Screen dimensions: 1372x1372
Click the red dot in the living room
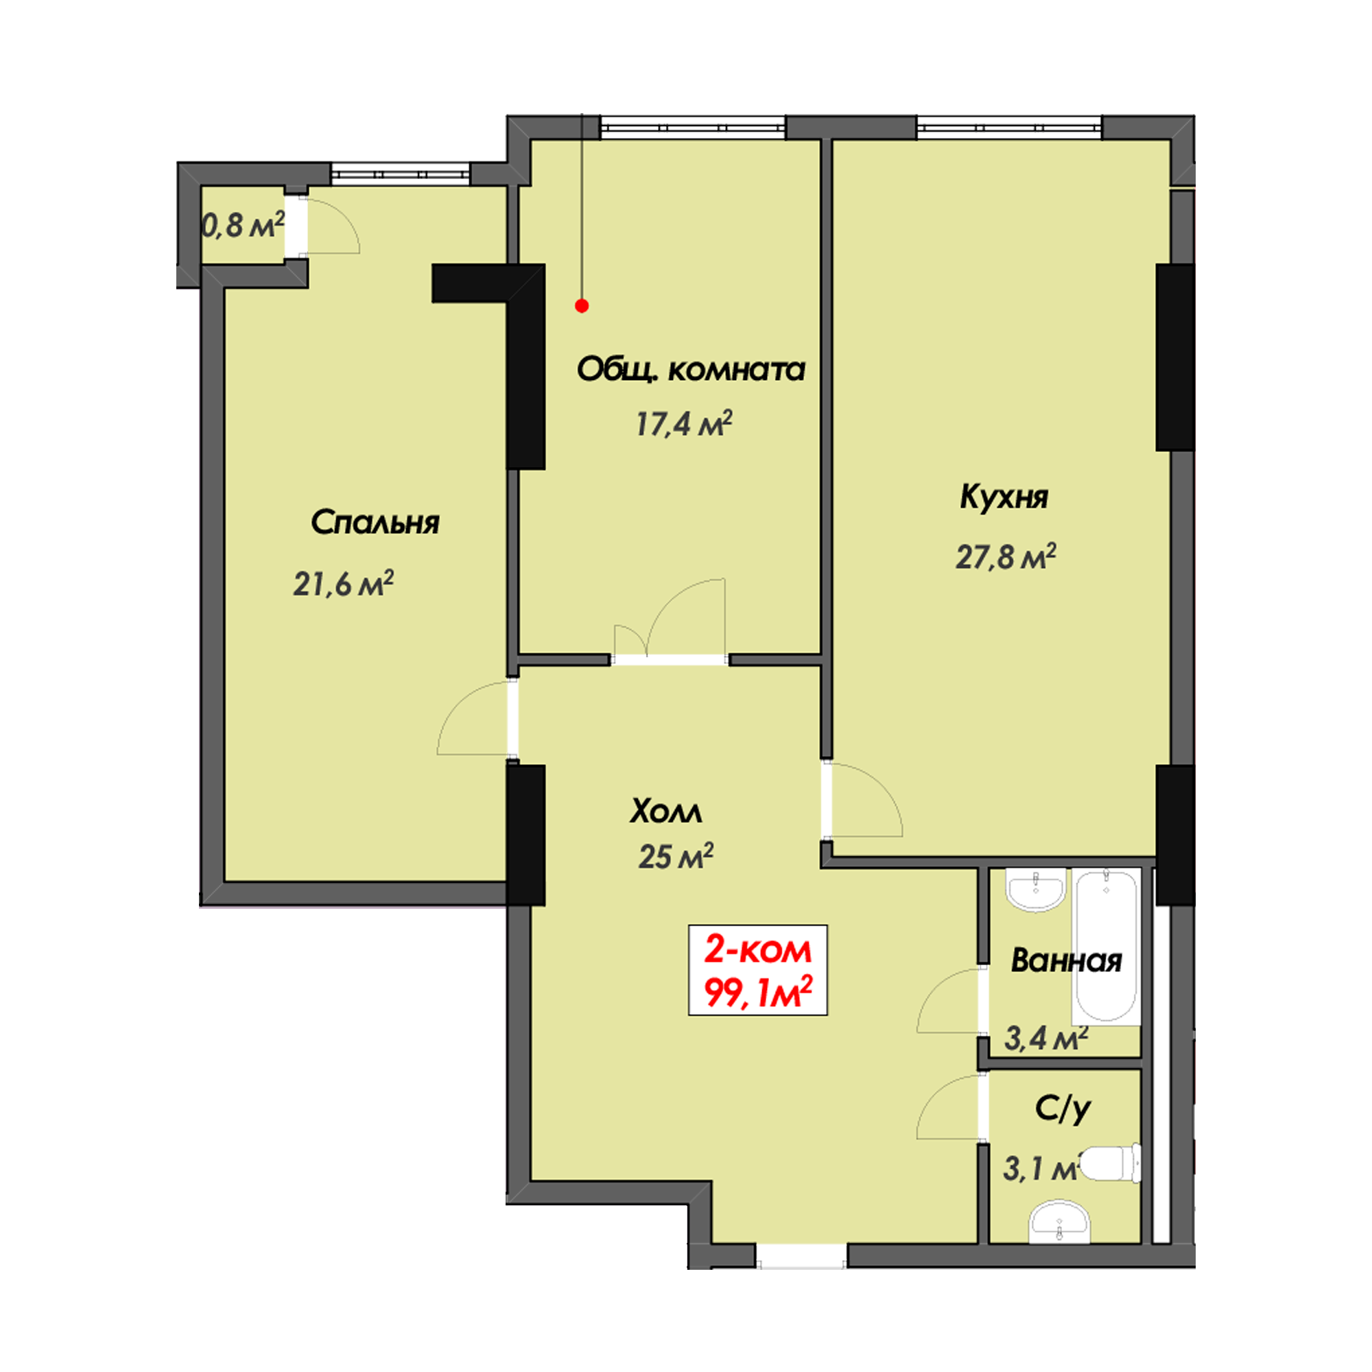pos(582,306)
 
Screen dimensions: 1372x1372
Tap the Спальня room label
pos(375,523)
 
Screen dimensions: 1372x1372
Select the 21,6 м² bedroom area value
pos(343,584)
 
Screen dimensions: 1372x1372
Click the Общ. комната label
pos(690,369)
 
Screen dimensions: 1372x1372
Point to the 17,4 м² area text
pos(683,424)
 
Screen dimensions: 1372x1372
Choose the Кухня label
pos(1004,498)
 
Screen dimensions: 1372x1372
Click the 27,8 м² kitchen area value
pos(1006,557)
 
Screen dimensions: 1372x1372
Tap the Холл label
pos(665,811)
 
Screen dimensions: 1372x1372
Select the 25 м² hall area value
pos(675,856)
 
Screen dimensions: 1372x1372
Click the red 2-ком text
pos(757,950)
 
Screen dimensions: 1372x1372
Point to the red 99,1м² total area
pos(758,992)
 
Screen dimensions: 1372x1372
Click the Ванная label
pos(1066,961)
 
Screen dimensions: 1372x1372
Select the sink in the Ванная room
pos(1037,890)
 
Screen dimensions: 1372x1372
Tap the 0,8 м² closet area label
pos(244,225)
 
